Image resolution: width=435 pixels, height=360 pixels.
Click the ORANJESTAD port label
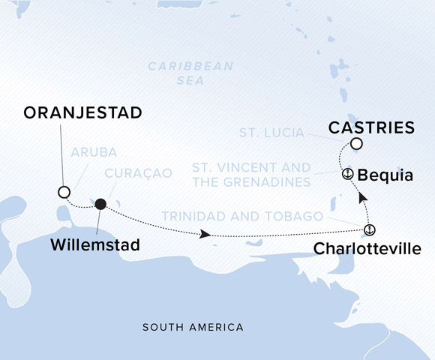82,112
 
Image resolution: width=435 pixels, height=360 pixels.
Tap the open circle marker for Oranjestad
64,191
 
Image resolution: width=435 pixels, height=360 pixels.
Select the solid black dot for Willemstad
100,203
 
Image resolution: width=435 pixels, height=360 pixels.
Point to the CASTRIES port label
372,127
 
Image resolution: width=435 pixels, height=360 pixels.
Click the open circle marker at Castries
356,144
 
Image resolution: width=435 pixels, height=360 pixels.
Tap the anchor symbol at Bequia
347,174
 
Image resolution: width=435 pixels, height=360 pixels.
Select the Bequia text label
385,175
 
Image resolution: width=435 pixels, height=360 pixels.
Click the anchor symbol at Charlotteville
369,229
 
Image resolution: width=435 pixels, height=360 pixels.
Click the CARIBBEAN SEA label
190,73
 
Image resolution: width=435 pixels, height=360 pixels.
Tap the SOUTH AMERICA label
193,328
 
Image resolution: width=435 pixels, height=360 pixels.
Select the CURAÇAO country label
133,173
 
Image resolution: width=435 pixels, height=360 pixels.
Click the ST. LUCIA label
271,133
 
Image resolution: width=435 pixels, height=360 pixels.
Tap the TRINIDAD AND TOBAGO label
242,217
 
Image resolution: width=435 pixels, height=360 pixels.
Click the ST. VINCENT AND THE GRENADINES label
250,174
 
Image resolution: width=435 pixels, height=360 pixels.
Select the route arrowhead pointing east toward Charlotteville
205,235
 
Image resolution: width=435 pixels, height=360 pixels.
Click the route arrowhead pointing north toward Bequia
362,197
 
